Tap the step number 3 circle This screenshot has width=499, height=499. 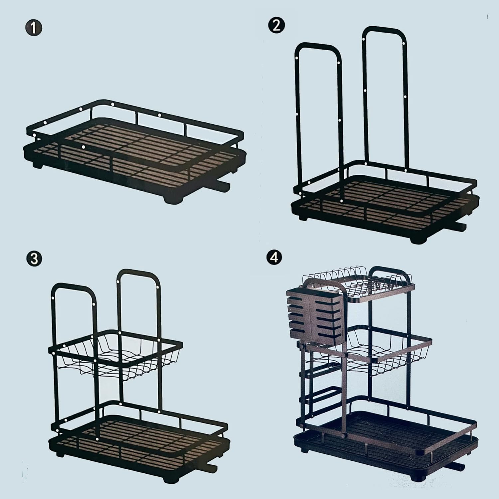[35, 258]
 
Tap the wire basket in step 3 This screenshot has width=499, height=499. [116, 354]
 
